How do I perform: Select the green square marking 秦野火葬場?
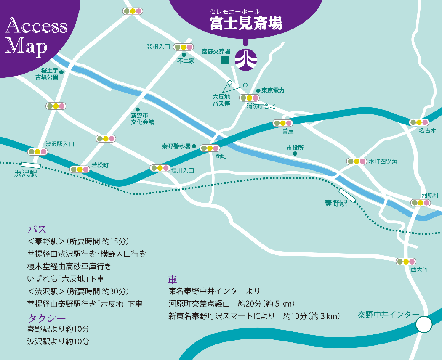click(x=225, y=60)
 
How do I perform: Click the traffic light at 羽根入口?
click(x=183, y=47)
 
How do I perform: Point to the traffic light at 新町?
click(x=210, y=148)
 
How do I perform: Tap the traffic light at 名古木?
click(x=419, y=122)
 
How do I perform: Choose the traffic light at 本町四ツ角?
click(x=356, y=161)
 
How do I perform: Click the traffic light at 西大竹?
click(x=406, y=261)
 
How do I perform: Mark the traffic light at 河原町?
click(x=421, y=203)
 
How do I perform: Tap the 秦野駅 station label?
click(x=336, y=203)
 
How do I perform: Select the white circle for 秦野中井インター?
click(x=424, y=324)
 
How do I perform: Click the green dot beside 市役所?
click(x=295, y=154)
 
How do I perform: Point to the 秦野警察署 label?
click(x=176, y=146)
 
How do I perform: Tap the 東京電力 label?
click(x=273, y=90)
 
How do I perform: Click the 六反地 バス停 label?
click(x=221, y=100)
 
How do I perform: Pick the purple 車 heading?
click(x=172, y=280)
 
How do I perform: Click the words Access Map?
click(x=35, y=36)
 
